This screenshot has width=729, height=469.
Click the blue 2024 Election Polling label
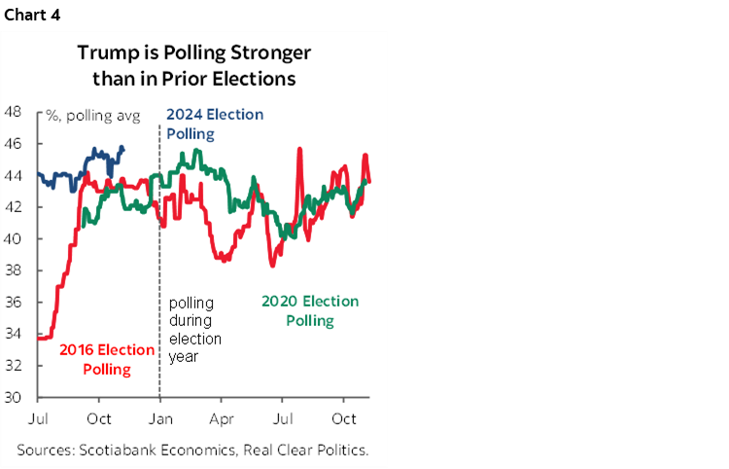(x=215, y=123)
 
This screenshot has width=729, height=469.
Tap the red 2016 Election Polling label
(x=107, y=359)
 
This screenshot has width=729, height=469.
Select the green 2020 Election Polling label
(x=310, y=310)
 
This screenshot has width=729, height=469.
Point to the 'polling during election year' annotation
(x=195, y=330)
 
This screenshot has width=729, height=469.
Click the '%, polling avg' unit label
(x=93, y=116)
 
